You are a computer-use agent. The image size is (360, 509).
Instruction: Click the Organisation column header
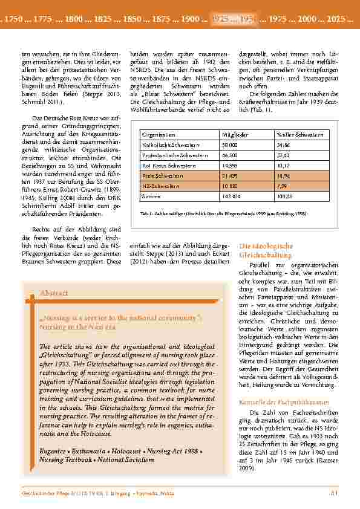pyautogui.click(x=159, y=134)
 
